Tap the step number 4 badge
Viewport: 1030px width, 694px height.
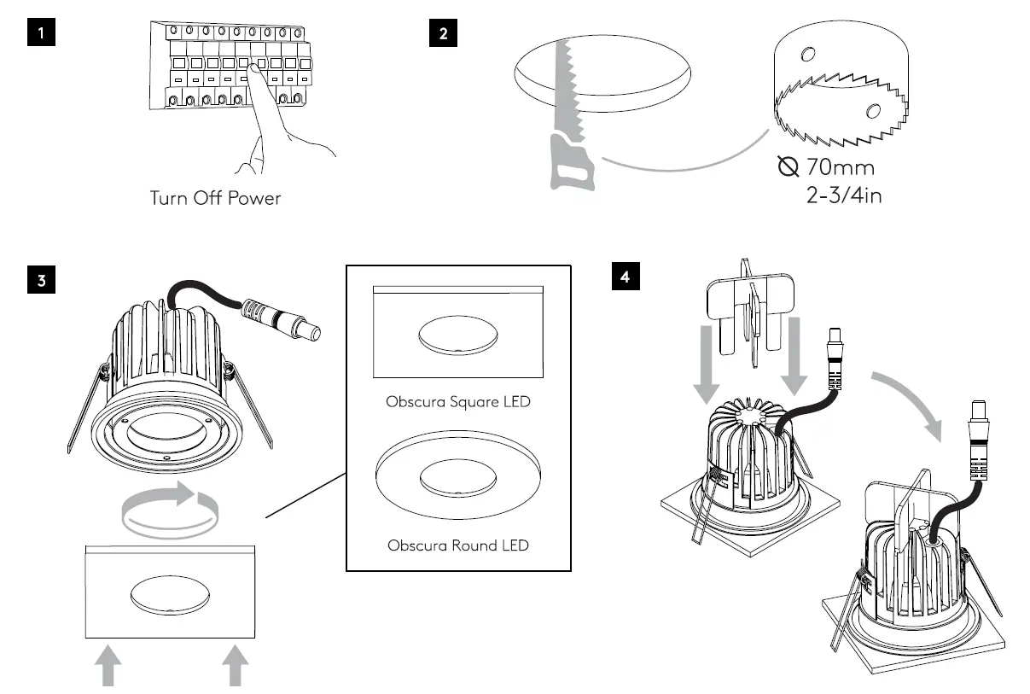tap(626, 277)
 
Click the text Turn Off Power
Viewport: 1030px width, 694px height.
tap(215, 198)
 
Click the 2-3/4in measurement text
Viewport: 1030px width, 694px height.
tap(843, 195)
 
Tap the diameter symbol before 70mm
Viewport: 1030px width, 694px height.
tap(789, 166)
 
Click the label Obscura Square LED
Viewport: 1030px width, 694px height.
tap(457, 400)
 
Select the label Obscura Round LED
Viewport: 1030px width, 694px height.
tap(457, 545)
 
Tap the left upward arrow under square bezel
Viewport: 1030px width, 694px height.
tap(108, 666)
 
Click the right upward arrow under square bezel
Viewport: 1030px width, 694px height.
tap(235, 666)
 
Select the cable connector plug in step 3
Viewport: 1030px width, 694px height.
tap(282, 318)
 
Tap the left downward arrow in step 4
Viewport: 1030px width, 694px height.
tap(707, 359)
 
